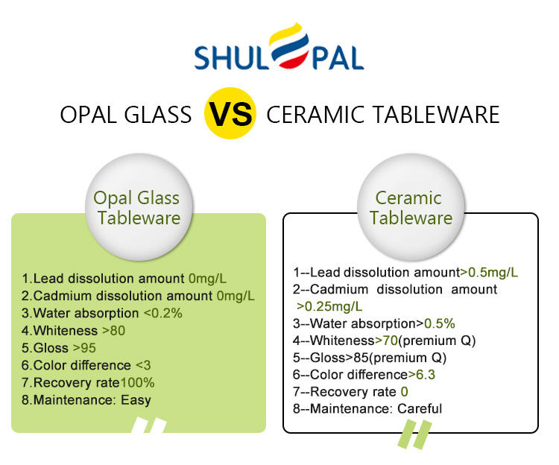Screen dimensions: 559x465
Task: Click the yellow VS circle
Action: pos(230,113)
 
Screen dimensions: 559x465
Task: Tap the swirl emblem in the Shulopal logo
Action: pos(288,46)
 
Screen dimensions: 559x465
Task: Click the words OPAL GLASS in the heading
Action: pos(126,115)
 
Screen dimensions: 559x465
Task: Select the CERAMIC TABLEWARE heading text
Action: pos(383,115)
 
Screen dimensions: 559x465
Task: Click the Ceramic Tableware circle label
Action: pos(411,207)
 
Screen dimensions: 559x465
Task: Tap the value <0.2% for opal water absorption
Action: pos(163,313)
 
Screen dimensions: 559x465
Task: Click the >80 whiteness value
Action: pos(114,331)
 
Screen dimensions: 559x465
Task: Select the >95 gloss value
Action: pos(84,348)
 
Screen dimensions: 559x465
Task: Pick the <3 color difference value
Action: pos(143,365)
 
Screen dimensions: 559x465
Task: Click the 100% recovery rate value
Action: pos(138,383)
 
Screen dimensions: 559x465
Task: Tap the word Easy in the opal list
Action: pos(136,400)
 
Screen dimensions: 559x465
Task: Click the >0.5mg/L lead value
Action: pos(489,273)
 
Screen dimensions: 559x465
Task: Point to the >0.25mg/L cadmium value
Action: pos(329,306)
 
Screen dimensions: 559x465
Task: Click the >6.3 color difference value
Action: pos(422,375)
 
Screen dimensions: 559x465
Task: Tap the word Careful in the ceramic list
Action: pos(420,408)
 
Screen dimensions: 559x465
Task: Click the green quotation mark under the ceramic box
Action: pos(415,434)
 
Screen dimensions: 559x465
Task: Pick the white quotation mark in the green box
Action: pos(149,425)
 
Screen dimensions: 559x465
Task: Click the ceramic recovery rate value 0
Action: pos(404,392)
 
